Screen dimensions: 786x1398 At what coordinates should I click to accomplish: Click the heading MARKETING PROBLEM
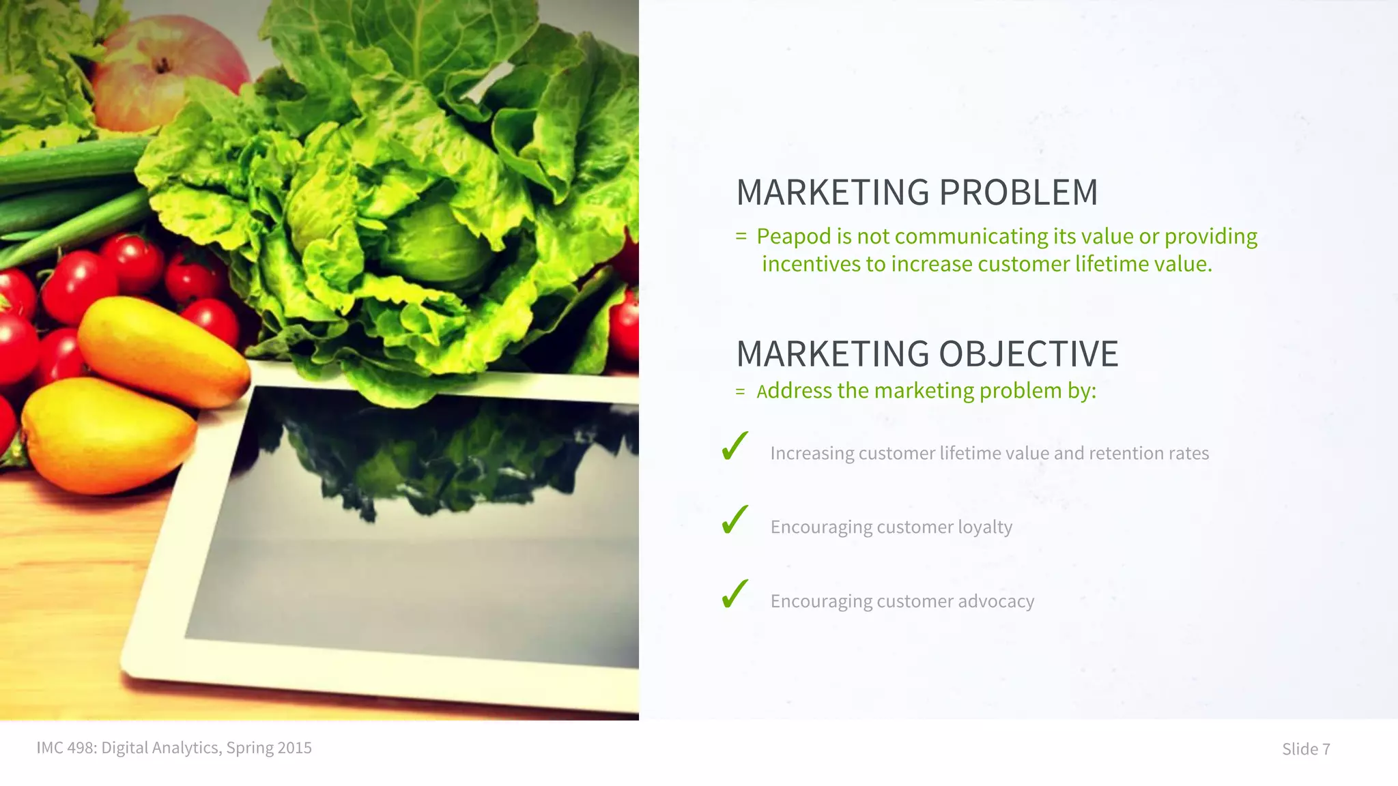pyautogui.click(x=917, y=192)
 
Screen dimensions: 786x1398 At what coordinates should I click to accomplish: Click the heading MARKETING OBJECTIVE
pyautogui.click(x=927, y=354)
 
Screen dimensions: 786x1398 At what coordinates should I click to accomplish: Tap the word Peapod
pyautogui.click(x=794, y=236)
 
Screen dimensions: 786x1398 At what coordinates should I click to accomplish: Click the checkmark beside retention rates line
pyautogui.click(x=734, y=447)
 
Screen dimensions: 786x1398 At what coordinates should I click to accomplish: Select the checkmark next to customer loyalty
pyautogui.click(x=734, y=521)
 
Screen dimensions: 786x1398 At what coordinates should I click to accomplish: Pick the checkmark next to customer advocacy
pyautogui.click(x=734, y=594)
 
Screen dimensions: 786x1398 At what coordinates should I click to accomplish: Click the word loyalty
pyautogui.click(x=985, y=527)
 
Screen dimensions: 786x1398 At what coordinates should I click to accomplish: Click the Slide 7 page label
pyautogui.click(x=1306, y=749)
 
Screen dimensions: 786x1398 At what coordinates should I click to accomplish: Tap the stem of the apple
pyautogui.click(x=162, y=65)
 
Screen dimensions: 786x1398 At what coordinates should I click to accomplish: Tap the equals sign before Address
pyautogui.click(x=740, y=392)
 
